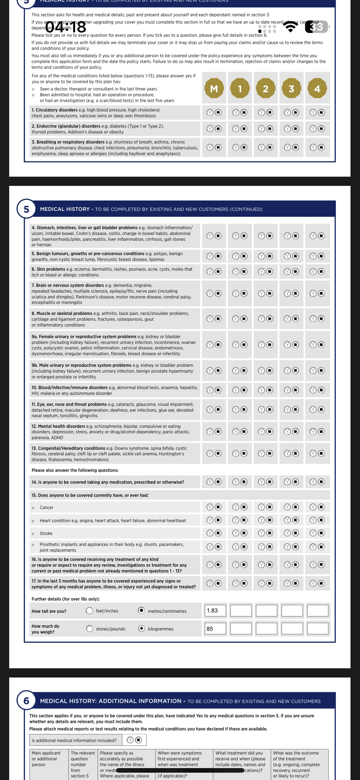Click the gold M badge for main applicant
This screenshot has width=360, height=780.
click(214, 88)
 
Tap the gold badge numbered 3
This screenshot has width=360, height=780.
click(291, 88)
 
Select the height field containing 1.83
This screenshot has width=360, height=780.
click(215, 611)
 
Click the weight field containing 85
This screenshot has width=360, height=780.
click(215, 629)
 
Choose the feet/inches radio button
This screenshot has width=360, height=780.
click(89, 611)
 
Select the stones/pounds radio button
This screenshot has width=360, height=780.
click(89, 629)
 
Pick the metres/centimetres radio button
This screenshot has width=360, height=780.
click(141, 611)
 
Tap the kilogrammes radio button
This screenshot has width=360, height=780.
click(141, 629)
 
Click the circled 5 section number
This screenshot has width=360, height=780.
click(26, 209)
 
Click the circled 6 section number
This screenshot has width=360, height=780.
click(26, 701)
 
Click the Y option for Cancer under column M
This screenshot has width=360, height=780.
click(210, 507)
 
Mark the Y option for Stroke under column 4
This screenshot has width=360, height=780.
click(313, 533)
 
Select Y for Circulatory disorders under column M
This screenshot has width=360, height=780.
click(210, 113)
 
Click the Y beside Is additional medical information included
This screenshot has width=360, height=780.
click(130, 740)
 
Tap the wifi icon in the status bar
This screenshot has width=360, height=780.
click(291, 27)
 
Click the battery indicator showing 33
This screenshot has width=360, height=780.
click(317, 27)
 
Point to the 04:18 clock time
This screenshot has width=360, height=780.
click(66, 27)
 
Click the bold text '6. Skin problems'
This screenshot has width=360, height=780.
click(49, 269)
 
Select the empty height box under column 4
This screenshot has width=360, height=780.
click(318, 611)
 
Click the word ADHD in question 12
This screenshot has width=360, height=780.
click(57, 438)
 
